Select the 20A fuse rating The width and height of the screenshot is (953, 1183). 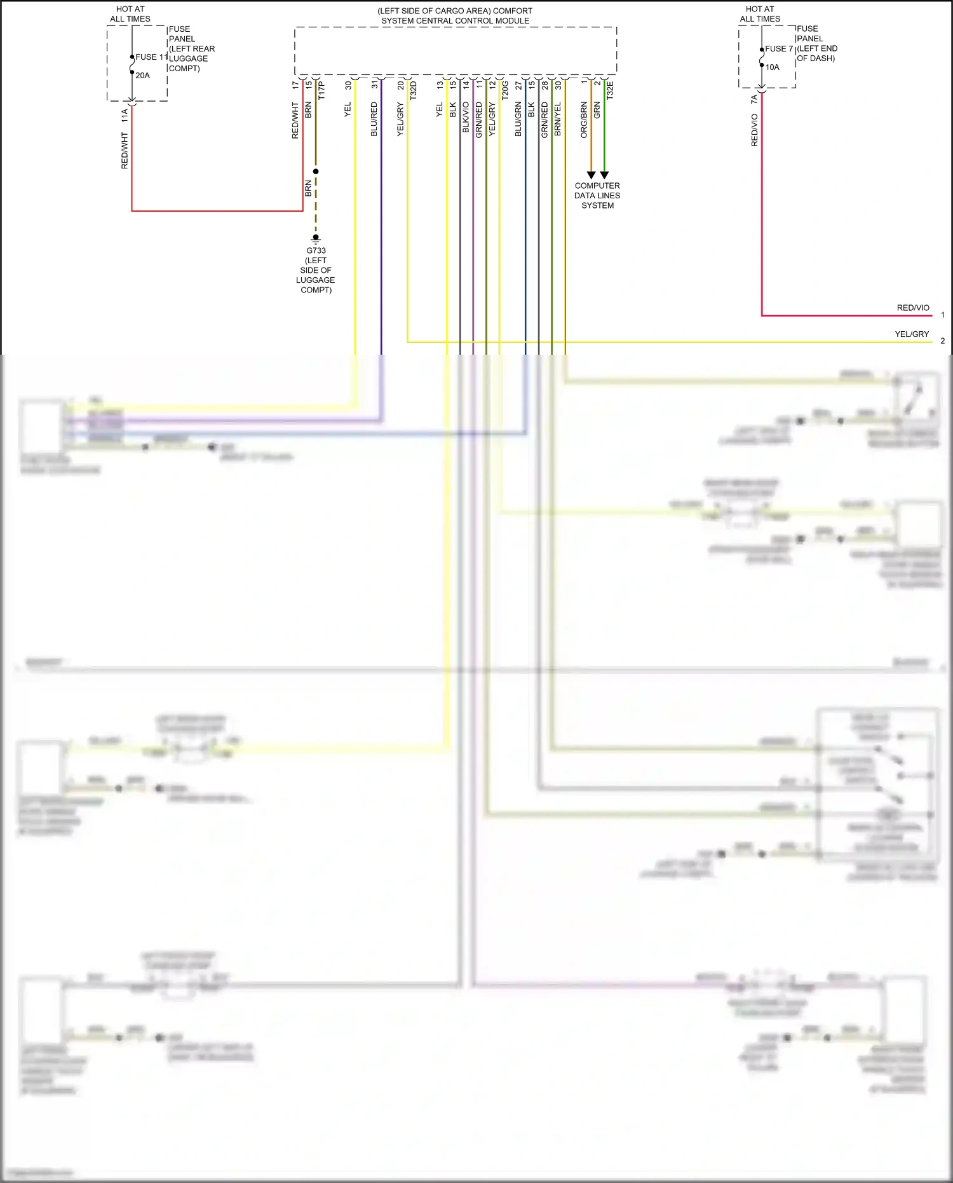142,76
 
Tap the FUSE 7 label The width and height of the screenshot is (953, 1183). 779,49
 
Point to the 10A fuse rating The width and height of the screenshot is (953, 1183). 772,67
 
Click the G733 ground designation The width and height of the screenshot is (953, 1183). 316,250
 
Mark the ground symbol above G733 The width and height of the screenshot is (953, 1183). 316,238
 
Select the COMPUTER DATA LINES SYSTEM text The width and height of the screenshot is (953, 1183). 597,196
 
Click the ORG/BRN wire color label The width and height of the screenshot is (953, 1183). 584,120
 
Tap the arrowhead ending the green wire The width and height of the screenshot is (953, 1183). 605,175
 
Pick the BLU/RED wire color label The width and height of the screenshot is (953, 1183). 374,119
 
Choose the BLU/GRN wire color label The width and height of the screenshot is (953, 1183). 518,119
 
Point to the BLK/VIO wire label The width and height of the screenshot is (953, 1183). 466,118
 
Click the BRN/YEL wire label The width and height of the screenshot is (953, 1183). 558,119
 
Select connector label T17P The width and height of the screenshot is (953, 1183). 321,90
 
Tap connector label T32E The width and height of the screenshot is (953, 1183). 610,90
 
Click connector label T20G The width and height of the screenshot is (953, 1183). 505,90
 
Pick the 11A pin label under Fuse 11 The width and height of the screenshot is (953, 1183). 125,115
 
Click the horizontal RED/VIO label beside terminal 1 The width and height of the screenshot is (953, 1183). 913,308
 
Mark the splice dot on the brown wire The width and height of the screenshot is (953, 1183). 316,172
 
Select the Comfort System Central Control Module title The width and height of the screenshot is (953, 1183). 455,16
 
